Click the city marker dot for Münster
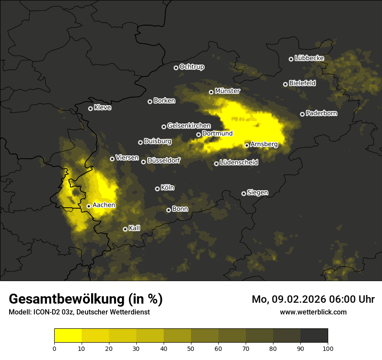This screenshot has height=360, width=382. pyautogui.click(x=211, y=92)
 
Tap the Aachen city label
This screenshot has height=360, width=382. pyautogui.click(x=104, y=205)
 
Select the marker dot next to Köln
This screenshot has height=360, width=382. pyautogui.click(x=157, y=189)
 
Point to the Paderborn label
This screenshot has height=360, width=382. pyautogui.click(x=321, y=113)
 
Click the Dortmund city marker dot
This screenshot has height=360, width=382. pyautogui.click(x=198, y=134)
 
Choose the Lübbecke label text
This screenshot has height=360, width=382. pyautogui.click(x=309, y=58)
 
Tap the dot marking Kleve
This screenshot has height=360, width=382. pyautogui.click(x=90, y=108)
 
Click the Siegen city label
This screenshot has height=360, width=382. pyautogui.click(x=257, y=193)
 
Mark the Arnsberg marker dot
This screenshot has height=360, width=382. pyautogui.click(x=247, y=145)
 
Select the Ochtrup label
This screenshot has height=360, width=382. pyautogui.click(x=191, y=67)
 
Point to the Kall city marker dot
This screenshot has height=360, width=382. pyautogui.click(x=125, y=229)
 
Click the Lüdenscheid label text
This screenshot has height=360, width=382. pyautogui.click(x=239, y=163)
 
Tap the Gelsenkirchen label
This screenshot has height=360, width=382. pyautogui.click(x=189, y=126)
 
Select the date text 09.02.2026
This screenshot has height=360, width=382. pyautogui.click(x=296, y=299)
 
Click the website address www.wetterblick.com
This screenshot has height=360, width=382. pyautogui.click(x=313, y=312)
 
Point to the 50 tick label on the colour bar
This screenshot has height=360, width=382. pyautogui.click(x=191, y=348)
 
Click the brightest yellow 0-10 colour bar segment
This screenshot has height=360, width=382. pyautogui.click(x=68, y=336)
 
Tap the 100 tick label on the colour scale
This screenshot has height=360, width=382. pyautogui.click(x=328, y=348)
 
